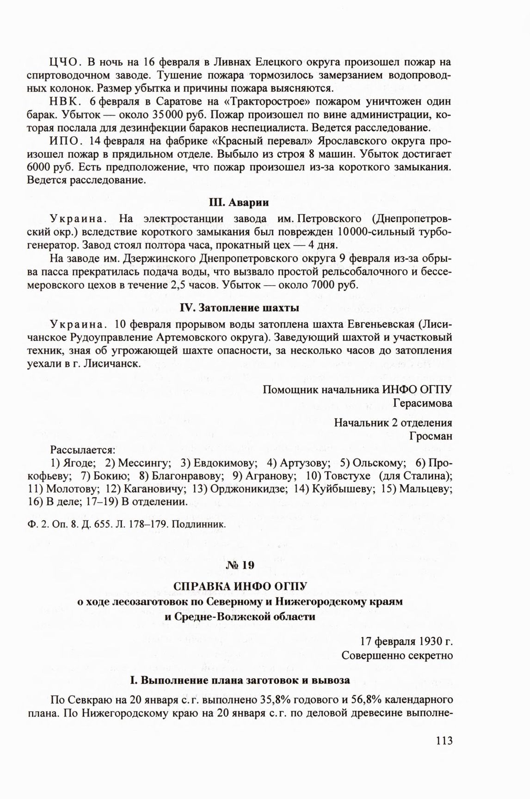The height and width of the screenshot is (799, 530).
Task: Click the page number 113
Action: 443,740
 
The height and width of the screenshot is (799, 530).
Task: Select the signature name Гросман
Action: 431,435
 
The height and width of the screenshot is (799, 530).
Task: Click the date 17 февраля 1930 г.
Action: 406,641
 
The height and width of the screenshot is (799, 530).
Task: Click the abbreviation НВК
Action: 66,101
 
